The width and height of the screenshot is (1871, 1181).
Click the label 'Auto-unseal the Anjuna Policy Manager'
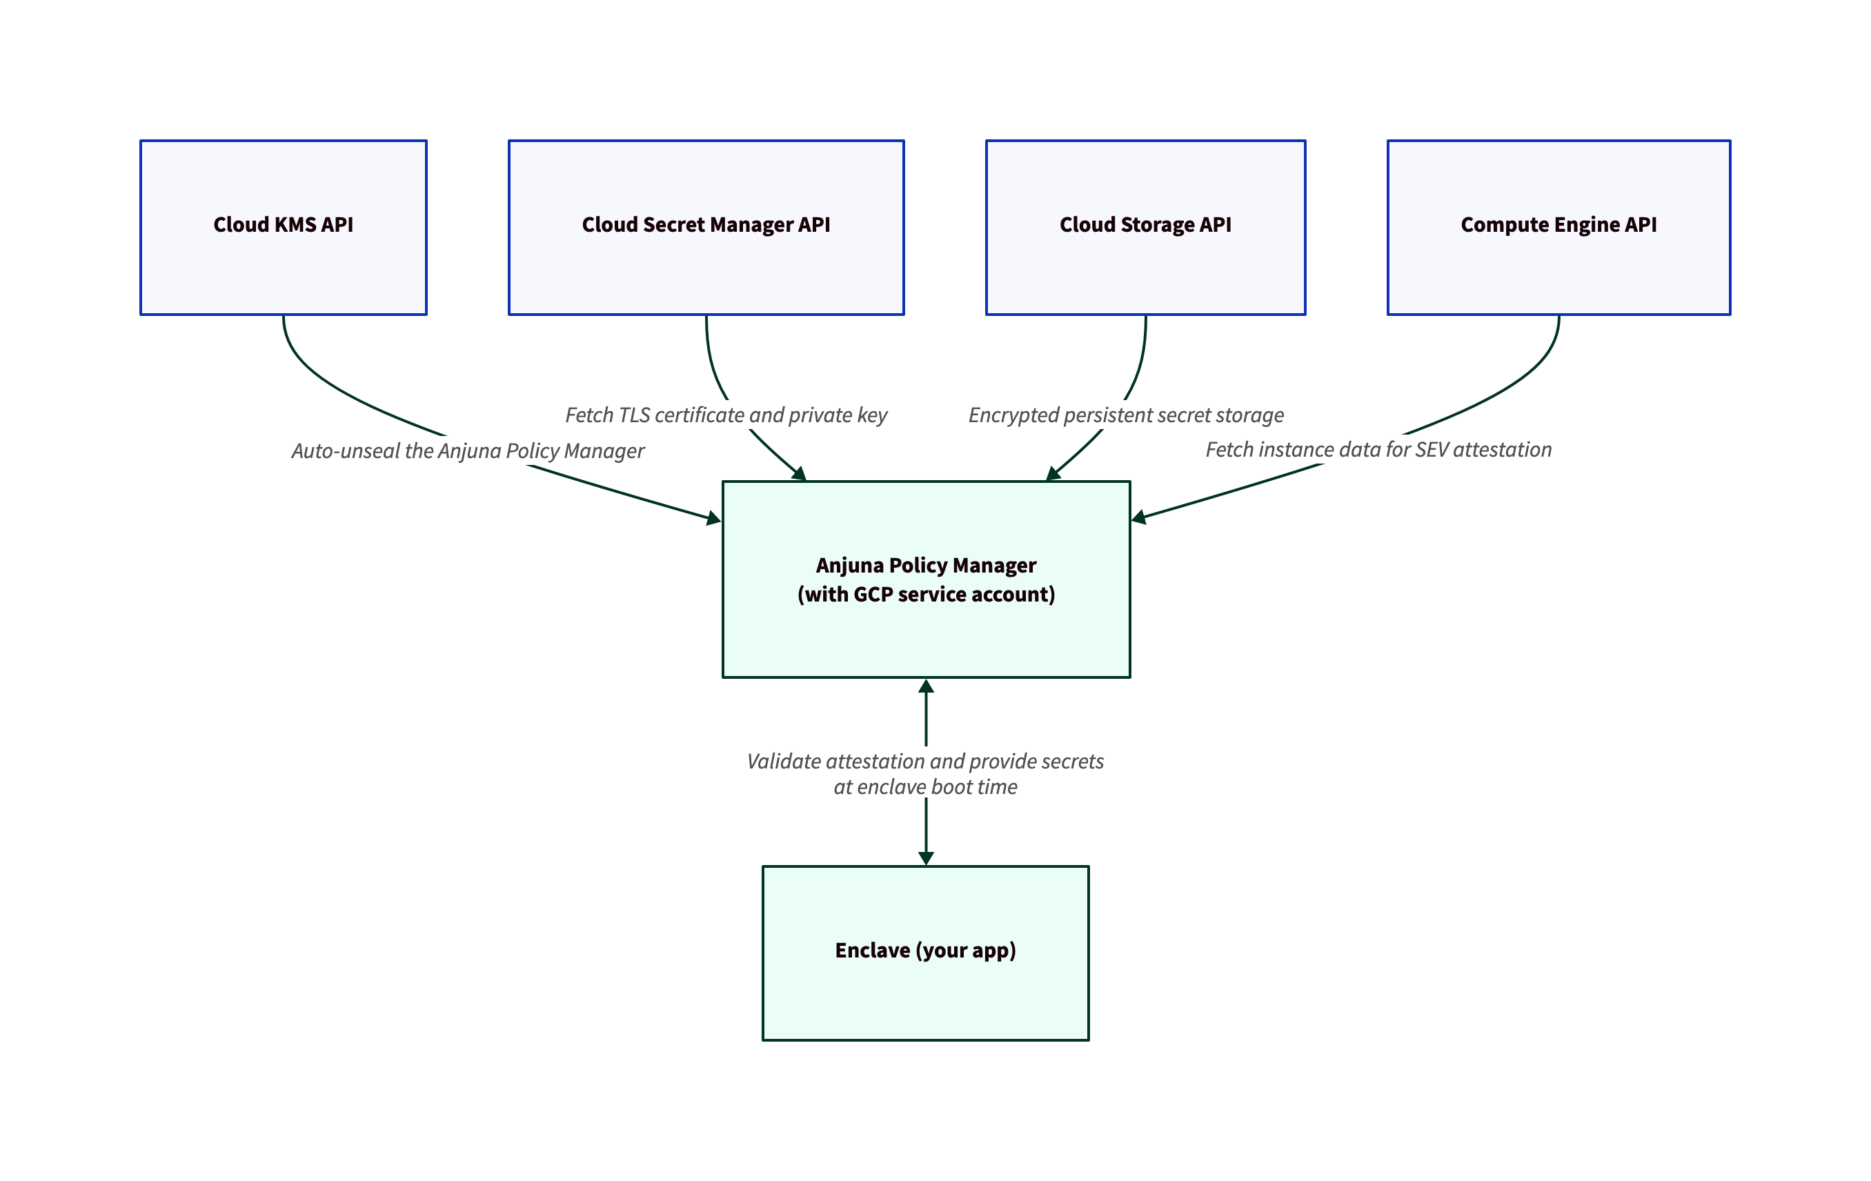tap(468, 450)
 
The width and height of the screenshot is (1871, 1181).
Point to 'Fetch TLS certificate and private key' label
tap(726, 415)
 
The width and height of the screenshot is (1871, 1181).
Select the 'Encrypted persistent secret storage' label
tap(1126, 415)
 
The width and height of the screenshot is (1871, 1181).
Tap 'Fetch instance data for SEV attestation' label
tap(1378, 450)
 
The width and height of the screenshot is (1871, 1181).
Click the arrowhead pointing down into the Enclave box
tap(925, 857)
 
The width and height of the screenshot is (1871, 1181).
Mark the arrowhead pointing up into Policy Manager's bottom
tap(925, 686)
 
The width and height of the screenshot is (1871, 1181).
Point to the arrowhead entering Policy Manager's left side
tap(713, 519)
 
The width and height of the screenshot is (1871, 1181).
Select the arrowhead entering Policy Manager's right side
tap(1139, 517)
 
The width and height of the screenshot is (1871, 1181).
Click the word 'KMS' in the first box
tap(295, 225)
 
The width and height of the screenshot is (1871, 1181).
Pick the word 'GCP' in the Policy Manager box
tap(873, 595)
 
